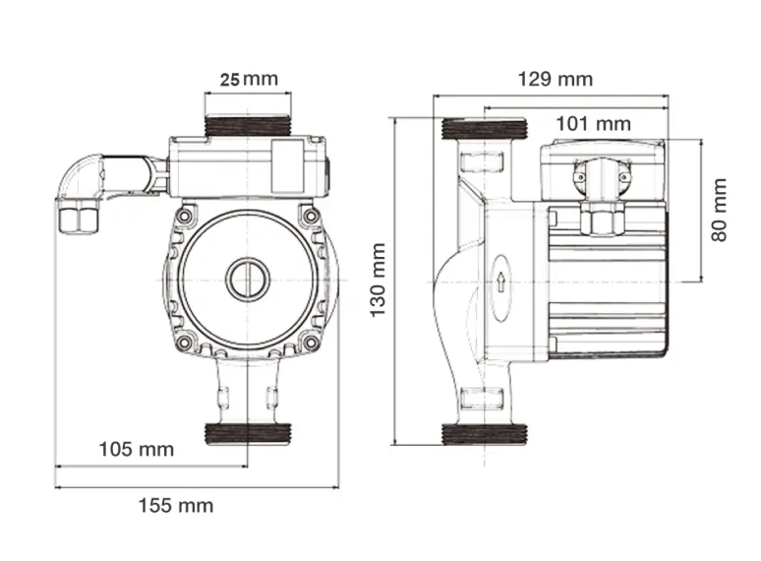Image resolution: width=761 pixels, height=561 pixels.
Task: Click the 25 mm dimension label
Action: point(249,79)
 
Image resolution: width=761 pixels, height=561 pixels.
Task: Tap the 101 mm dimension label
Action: point(593,123)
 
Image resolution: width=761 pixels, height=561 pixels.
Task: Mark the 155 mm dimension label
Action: point(175,505)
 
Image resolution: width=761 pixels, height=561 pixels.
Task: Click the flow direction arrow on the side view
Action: point(500,282)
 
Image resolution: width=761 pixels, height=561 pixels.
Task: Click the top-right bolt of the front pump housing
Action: point(311,216)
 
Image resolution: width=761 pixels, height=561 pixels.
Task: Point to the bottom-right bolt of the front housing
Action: point(311,343)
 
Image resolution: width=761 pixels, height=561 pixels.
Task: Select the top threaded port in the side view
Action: point(486,128)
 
